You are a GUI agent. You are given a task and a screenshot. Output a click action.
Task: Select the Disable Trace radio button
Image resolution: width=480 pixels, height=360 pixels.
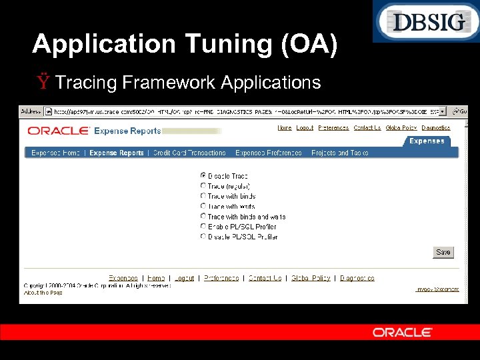[203, 176]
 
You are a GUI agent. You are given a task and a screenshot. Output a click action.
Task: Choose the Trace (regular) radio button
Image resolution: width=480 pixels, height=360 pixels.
[203, 186]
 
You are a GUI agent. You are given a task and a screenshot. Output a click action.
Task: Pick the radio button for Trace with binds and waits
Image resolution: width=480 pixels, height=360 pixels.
[203, 217]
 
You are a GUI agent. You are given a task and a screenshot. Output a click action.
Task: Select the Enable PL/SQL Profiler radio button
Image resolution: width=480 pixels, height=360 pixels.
[203, 227]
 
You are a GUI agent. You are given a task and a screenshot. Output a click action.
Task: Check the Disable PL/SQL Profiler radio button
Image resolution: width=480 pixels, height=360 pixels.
[203, 237]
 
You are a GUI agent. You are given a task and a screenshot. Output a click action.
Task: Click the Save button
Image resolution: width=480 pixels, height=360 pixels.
[443, 253]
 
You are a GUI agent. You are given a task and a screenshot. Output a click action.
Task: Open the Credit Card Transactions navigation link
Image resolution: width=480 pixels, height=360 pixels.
[189, 153]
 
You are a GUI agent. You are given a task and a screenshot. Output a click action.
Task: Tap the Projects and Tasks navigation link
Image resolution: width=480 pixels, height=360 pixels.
[339, 153]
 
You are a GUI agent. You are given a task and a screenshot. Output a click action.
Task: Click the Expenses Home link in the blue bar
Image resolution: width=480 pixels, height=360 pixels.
[55, 153]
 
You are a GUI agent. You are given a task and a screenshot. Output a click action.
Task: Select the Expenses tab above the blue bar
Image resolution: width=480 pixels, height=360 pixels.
[427, 141]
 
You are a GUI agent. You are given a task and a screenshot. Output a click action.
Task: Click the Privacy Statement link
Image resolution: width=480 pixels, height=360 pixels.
[437, 289]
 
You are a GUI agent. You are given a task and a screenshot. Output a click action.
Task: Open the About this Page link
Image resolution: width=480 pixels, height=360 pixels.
[43, 293]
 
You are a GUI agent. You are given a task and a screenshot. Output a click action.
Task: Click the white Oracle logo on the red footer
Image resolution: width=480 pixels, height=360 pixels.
[403, 332]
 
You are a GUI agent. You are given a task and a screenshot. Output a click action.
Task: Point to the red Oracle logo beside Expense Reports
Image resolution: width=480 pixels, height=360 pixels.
[58, 131]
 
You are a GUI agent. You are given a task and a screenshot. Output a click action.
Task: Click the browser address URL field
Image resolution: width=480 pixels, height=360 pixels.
[247, 111]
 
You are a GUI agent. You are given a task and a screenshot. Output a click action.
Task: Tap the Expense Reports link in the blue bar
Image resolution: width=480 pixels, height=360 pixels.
[117, 153]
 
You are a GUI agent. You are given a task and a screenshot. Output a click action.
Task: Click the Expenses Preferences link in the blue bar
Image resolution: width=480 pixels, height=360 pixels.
[268, 153]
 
